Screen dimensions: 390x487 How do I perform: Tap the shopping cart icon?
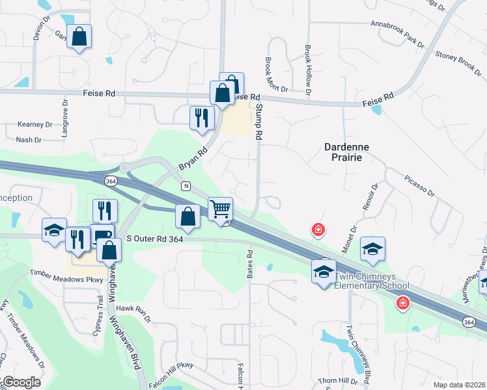(221, 209)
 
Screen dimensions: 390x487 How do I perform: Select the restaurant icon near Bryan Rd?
(202, 118)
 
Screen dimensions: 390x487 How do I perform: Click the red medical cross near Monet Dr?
(318, 229)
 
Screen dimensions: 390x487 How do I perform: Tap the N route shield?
(186, 186)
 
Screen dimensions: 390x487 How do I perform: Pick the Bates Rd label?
(249, 264)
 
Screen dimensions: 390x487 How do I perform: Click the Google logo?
(21, 382)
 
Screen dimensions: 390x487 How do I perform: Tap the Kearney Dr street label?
(35, 123)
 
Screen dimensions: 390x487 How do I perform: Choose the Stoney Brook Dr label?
(458, 62)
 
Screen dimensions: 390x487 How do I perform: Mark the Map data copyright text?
(459, 384)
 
